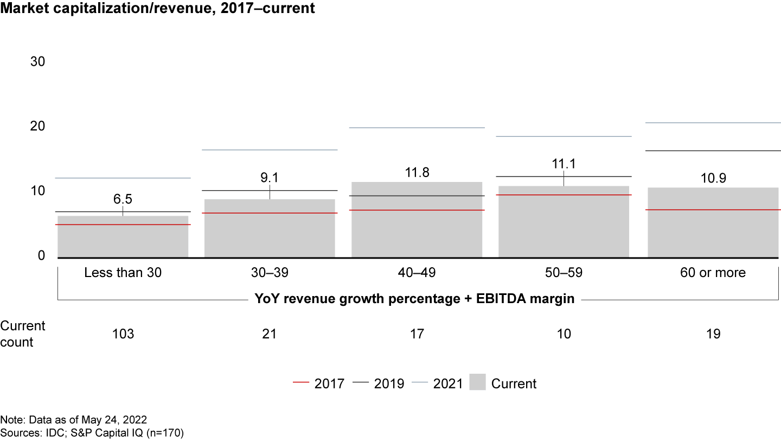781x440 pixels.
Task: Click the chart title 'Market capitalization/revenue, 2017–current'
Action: pos(157,9)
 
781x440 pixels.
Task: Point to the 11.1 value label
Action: pos(564,162)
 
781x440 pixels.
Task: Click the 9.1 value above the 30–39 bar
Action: pos(270,177)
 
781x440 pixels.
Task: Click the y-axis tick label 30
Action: pos(37,62)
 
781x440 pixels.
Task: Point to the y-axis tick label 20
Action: pos(37,126)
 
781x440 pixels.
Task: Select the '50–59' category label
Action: pos(564,273)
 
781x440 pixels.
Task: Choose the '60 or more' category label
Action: pos(714,273)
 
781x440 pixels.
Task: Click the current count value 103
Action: pos(123,334)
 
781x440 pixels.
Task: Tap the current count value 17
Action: pos(417,334)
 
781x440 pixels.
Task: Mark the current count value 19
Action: pos(714,334)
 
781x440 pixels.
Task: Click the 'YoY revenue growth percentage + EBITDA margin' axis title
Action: pos(414,299)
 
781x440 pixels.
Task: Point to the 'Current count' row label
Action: pos(23,334)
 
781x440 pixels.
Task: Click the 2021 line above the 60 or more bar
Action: pos(714,123)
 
